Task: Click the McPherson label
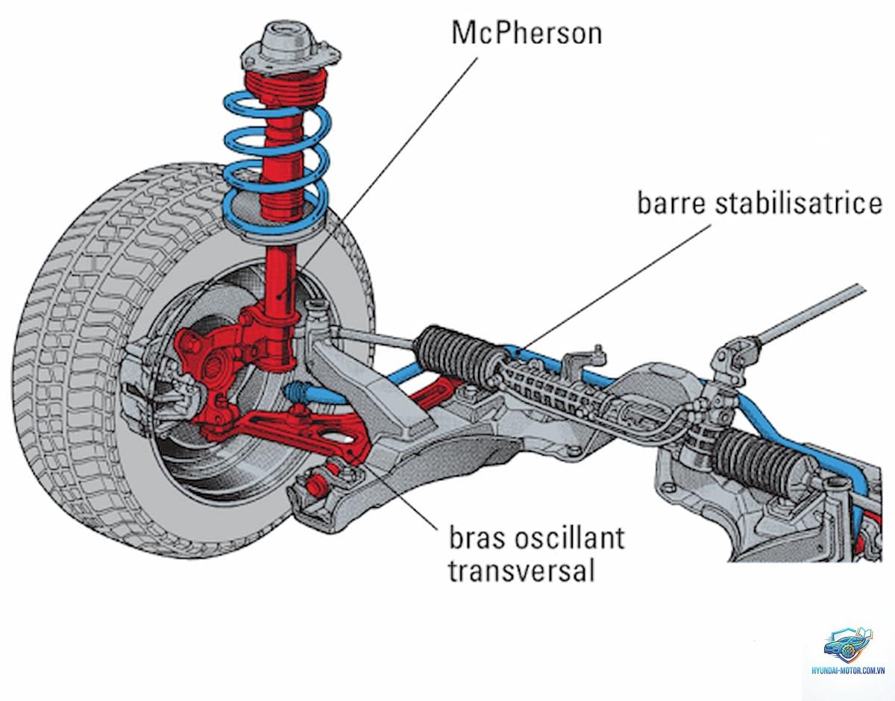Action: pos(527,33)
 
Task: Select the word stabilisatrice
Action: pos(799,203)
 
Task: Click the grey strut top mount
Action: pos(290,49)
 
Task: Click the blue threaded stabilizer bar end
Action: pos(298,391)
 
